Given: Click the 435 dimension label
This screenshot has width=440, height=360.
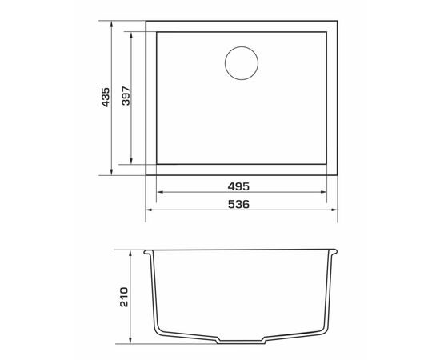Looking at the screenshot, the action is (106, 98).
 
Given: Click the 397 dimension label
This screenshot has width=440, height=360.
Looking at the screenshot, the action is (126, 96).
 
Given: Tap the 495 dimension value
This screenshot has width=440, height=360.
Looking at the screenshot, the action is (238, 186).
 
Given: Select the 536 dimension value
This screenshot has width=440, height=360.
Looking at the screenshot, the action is (238, 204).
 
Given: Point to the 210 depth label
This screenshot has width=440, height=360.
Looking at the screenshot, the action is (124, 297).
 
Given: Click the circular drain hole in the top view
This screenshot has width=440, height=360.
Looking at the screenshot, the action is (242, 63).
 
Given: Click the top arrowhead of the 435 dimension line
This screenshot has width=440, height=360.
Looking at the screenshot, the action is (111, 25).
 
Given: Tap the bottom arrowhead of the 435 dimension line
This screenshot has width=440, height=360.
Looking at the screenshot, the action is (111, 172).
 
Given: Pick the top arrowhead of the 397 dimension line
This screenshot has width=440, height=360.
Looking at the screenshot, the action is (131, 36).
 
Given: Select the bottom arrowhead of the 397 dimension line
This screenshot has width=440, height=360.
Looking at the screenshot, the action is (131, 161).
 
